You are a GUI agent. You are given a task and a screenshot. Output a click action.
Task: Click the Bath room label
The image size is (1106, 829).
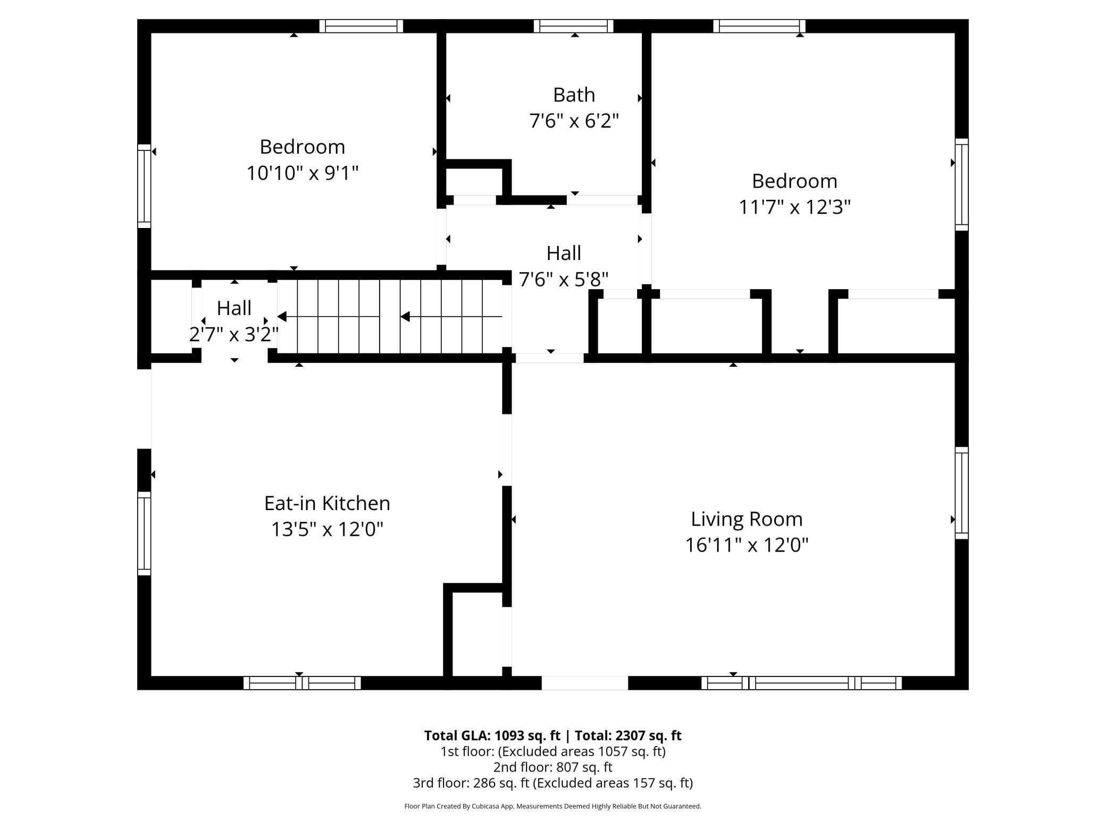click(574, 95)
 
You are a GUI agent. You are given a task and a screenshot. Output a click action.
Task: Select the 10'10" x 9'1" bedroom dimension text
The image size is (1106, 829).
click(302, 173)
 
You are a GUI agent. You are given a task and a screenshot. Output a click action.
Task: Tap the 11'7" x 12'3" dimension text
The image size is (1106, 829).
click(794, 207)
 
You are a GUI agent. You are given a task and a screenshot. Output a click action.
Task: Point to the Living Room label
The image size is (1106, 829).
click(746, 519)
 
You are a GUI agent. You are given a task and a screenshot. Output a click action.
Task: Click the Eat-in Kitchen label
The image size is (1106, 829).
click(327, 503)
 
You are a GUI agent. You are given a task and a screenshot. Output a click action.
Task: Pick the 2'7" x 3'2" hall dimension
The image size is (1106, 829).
click(234, 334)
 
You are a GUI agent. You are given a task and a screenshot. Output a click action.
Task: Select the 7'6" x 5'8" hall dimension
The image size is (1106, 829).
click(563, 279)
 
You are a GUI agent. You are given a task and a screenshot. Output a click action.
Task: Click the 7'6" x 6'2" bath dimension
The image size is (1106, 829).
click(574, 121)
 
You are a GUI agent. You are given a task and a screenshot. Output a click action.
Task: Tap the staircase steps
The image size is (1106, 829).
click(391, 317)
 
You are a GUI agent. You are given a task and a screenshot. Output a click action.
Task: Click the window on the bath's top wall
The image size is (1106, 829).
click(573, 26)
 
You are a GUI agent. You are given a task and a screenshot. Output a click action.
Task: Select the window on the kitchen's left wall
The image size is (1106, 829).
click(144, 533)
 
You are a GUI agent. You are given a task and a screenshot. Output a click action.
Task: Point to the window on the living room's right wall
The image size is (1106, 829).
click(961, 493)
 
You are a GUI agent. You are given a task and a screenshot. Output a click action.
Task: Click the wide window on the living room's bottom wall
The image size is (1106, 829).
click(801, 683)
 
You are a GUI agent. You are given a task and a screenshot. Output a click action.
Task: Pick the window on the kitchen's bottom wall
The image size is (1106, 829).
click(302, 683)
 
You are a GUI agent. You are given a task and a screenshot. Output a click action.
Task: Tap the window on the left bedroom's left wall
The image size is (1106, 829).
click(144, 186)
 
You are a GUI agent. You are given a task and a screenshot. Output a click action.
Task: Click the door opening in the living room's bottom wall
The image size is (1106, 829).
click(584, 683)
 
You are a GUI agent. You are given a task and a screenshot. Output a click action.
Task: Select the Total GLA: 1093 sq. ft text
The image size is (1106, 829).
click(492, 735)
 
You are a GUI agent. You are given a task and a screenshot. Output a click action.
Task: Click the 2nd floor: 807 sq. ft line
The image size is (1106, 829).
click(552, 767)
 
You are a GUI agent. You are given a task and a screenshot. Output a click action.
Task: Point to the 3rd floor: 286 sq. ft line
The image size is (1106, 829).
click(552, 783)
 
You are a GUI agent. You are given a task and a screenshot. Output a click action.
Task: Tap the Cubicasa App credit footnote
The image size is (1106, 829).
click(552, 806)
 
